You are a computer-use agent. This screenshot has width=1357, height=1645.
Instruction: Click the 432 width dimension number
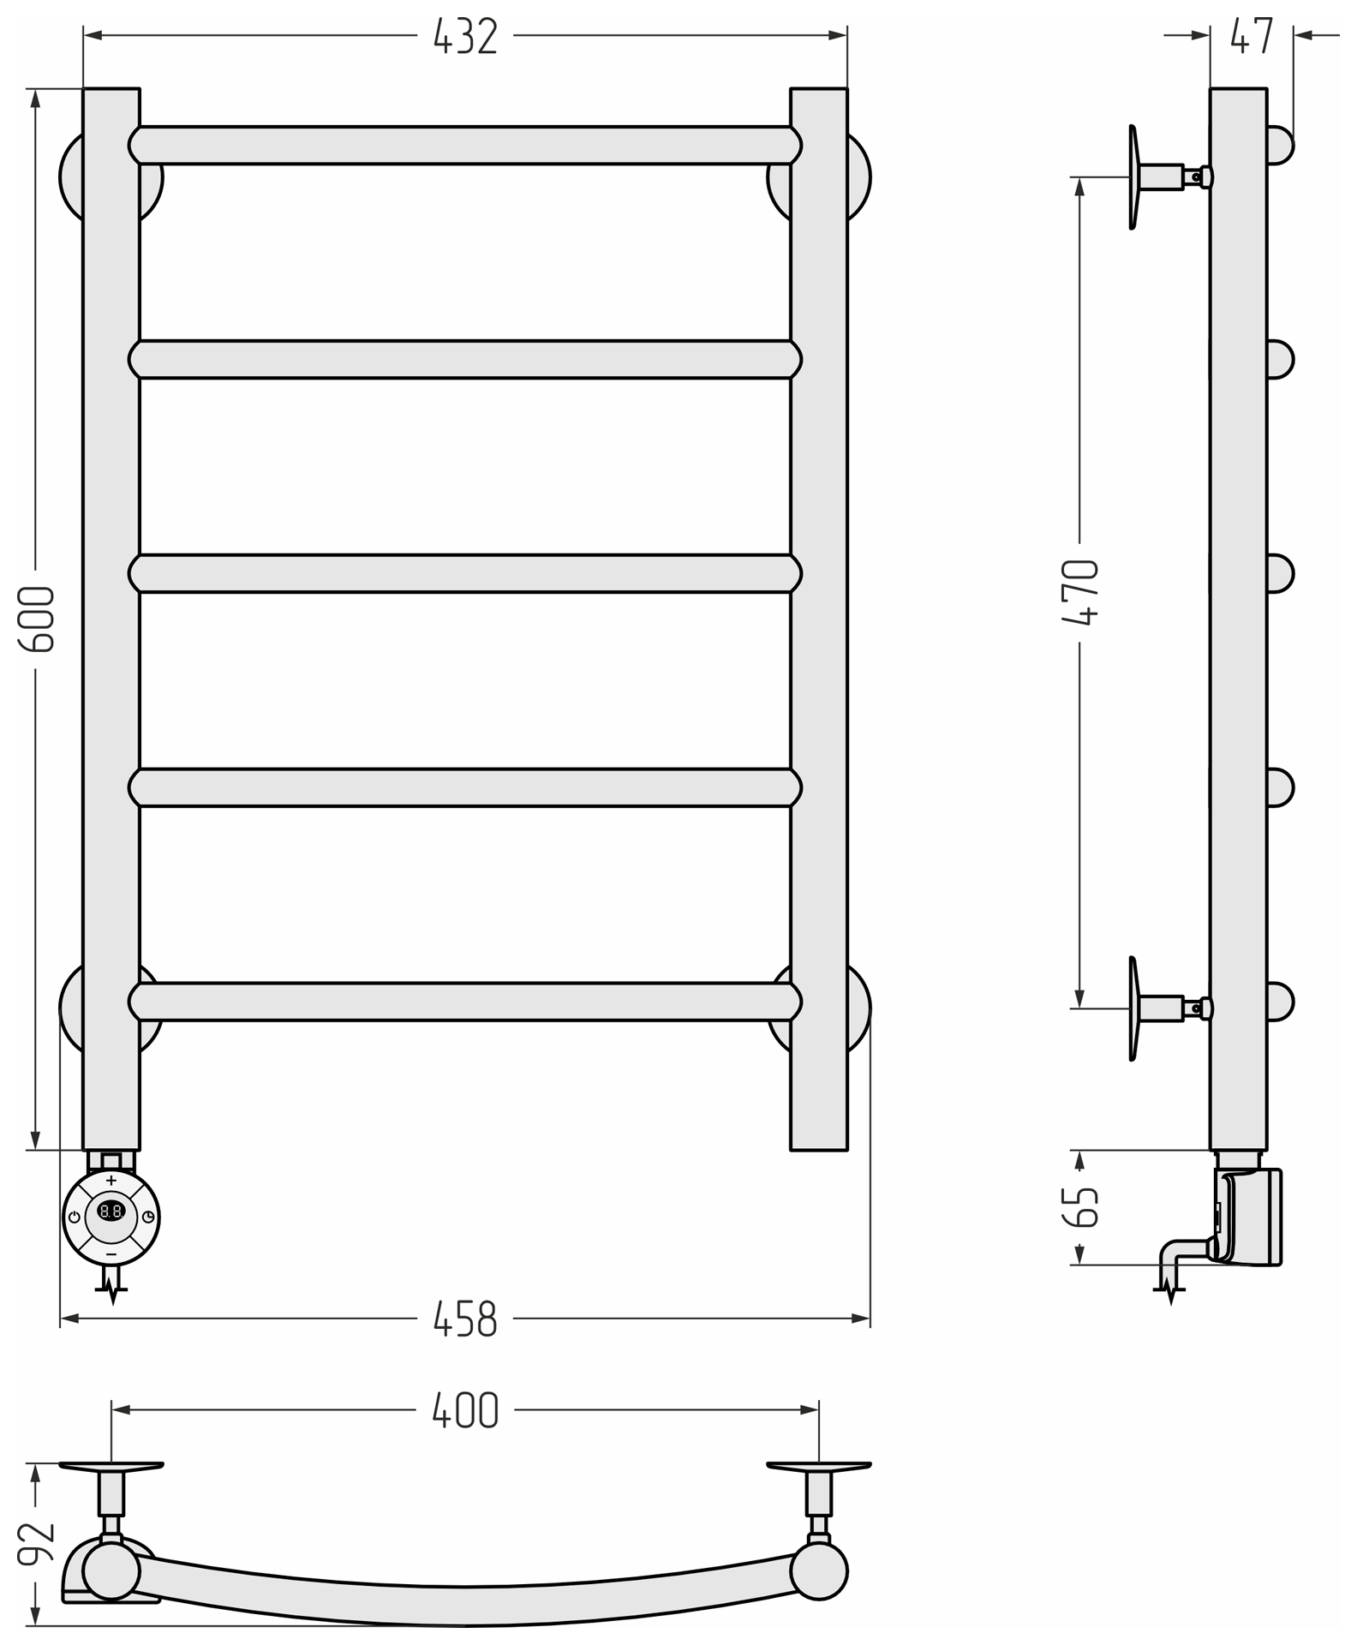(465, 37)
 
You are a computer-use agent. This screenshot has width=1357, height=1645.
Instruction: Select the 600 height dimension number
(37, 619)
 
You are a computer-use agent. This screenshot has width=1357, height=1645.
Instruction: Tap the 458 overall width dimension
(465, 1319)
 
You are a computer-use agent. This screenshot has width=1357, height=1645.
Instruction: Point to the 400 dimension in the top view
(465, 1410)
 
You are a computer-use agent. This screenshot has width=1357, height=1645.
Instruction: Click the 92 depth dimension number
(37, 1544)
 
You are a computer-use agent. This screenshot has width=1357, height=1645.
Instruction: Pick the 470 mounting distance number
(1079, 593)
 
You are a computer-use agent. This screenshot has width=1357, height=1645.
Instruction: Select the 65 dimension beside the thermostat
(1080, 1207)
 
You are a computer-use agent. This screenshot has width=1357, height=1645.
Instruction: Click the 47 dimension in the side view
(1252, 36)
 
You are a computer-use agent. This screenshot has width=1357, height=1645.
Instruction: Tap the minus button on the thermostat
(111, 1254)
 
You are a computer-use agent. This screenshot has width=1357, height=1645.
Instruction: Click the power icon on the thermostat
(75, 1217)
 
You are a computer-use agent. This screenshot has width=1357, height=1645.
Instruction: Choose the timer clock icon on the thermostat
(148, 1217)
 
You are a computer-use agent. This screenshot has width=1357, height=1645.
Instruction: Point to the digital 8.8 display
(111, 1211)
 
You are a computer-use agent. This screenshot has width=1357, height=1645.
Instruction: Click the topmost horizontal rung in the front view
(465, 145)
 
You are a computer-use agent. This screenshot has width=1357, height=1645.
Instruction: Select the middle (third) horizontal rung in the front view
(465, 573)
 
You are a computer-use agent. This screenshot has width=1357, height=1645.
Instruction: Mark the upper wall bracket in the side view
(1170, 177)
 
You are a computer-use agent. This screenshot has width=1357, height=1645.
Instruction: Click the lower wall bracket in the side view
(1170, 1008)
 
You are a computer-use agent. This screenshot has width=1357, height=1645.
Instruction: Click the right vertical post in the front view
(819, 619)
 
